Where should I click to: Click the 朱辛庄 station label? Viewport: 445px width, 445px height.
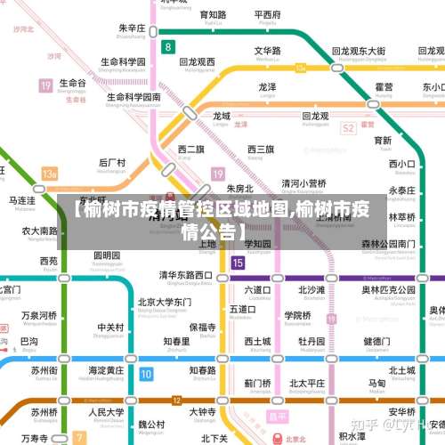point(131,28)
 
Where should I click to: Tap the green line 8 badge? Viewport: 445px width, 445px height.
point(168,45)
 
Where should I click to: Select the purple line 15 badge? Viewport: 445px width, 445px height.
point(237,263)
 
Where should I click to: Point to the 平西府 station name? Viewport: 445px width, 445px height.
point(267,15)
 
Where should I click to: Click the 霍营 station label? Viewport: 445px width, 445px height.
point(384,86)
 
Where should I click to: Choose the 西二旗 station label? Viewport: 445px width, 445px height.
point(190,149)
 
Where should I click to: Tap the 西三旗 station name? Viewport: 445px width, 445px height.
point(261,149)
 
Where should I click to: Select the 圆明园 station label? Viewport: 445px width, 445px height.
point(107,255)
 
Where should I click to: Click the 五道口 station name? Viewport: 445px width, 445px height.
point(242,309)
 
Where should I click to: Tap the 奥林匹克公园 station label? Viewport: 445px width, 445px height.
point(388,289)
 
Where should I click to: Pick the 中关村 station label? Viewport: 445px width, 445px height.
point(110,327)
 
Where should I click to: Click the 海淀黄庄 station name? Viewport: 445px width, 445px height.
point(109,369)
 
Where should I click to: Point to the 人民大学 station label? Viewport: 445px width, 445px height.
point(106,412)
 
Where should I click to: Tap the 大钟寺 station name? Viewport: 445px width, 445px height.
point(202,412)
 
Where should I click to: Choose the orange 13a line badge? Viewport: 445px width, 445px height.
point(49,174)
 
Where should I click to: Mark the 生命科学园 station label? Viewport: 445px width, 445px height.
point(123,62)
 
